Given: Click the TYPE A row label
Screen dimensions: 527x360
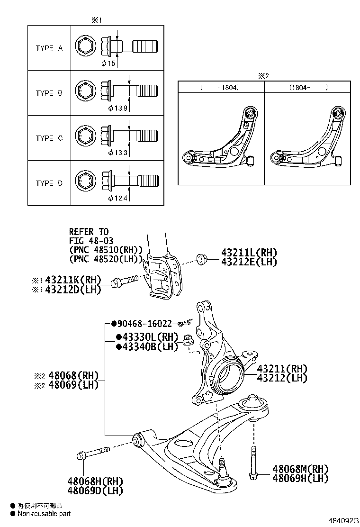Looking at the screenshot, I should tap(49, 48).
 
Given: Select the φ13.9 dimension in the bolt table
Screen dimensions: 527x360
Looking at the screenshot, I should tap(117, 109).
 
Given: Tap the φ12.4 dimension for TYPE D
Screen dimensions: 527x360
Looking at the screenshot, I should tap(117, 198).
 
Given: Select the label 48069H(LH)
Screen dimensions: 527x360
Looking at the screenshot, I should tap(300, 478).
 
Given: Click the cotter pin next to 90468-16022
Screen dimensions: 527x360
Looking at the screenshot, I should tap(184, 324).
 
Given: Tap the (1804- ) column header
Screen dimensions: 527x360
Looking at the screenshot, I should tap(308, 87).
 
